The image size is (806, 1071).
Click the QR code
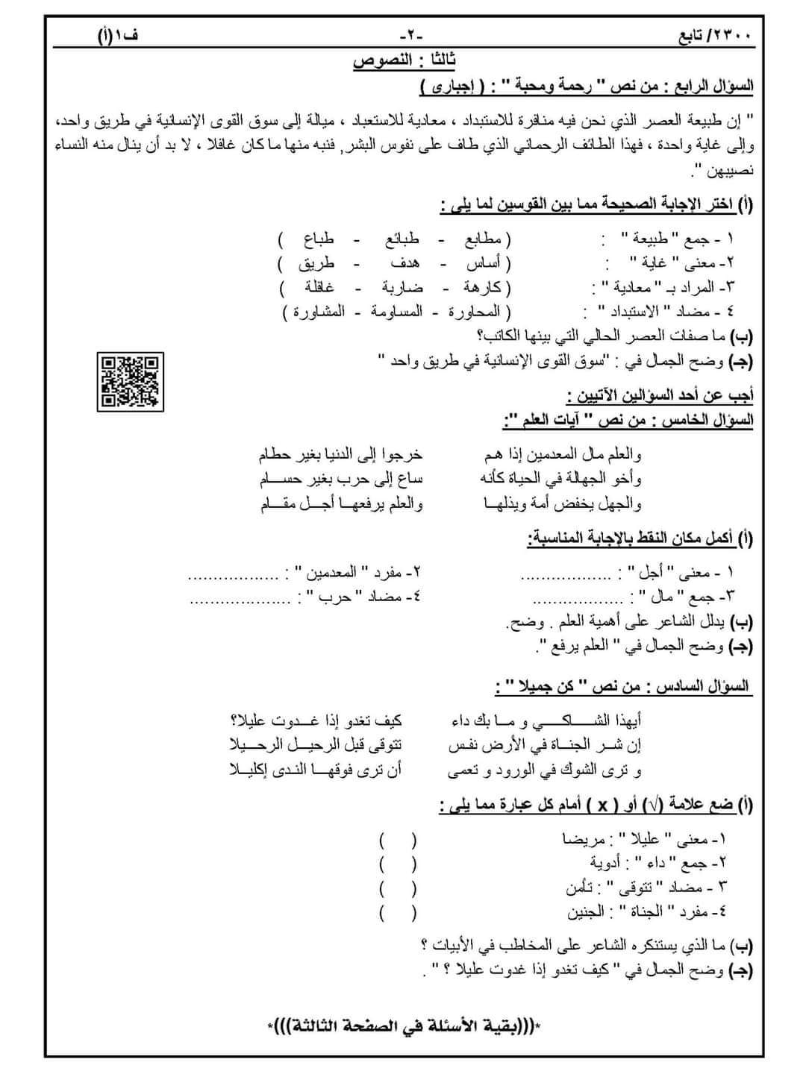(x=130, y=380)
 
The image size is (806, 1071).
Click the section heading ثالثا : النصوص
(x=404, y=61)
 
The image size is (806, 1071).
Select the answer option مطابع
(x=483, y=239)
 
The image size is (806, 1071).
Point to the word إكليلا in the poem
(x=248, y=770)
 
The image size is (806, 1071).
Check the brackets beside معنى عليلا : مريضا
(x=398, y=840)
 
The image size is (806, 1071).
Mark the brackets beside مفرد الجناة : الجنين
(x=398, y=911)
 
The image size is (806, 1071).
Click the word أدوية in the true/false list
(x=606, y=864)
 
